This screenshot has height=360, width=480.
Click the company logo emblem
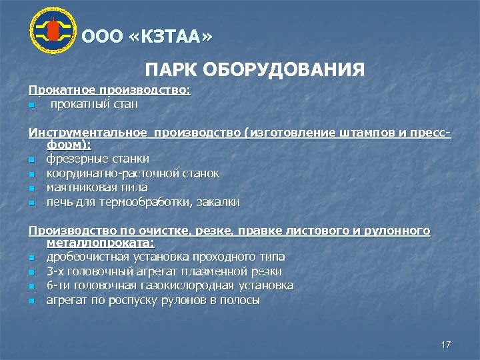click(x=53, y=31)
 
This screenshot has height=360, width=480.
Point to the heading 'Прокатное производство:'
click(x=109, y=90)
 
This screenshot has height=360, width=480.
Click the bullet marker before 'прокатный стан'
click(x=31, y=105)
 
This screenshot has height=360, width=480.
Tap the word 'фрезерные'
click(x=73, y=159)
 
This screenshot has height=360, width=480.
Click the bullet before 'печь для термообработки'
click(x=31, y=203)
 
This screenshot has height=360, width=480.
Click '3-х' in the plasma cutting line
click(x=55, y=271)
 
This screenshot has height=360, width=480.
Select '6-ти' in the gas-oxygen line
click(x=57, y=285)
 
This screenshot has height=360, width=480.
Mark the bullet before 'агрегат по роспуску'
click(x=31, y=301)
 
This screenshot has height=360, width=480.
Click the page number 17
click(x=446, y=344)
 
